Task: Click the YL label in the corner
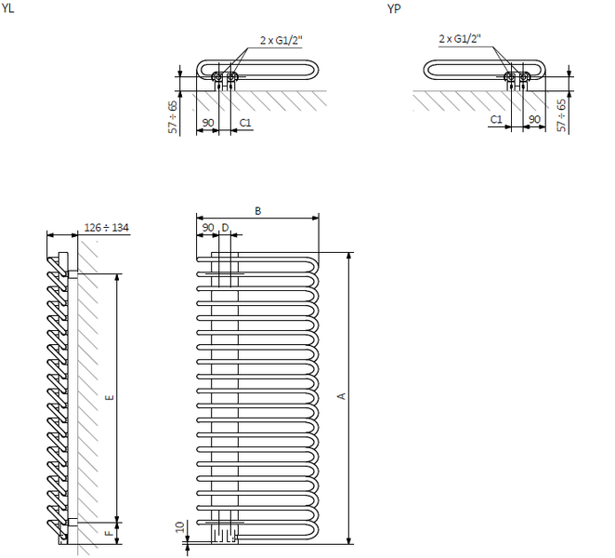(x=7, y=7)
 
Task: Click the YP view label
(x=394, y=9)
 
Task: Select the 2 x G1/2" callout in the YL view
(x=281, y=40)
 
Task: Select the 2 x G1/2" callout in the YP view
(x=460, y=38)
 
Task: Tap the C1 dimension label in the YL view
(x=245, y=123)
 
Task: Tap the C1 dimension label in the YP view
(x=496, y=119)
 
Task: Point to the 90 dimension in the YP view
(x=534, y=119)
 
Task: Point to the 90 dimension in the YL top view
(x=208, y=123)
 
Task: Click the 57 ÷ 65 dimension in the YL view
(x=173, y=117)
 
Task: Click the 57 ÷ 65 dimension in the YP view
(x=562, y=115)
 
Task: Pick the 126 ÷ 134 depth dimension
(x=106, y=227)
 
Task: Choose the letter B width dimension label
(x=257, y=211)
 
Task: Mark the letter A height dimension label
(x=342, y=396)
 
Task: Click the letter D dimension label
(x=225, y=228)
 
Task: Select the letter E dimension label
(x=111, y=397)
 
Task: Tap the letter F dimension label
(x=111, y=533)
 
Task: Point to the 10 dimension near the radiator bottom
(x=180, y=527)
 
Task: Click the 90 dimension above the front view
(x=208, y=228)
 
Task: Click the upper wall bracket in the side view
(x=73, y=273)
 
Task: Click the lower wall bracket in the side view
(x=73, y=523)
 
